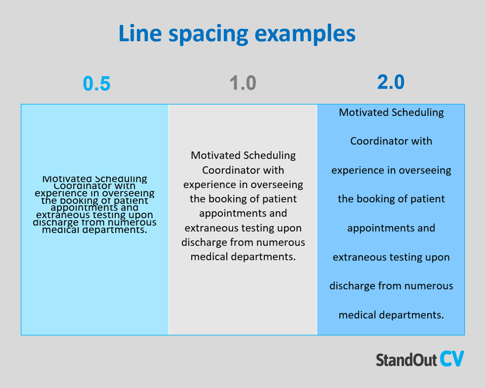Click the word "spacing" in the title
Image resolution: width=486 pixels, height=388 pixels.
point(208,34)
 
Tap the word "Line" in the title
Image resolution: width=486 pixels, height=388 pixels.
point(140,33)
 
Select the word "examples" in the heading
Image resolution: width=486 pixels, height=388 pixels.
point(305,34)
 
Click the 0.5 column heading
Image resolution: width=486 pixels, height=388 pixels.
point(97,84)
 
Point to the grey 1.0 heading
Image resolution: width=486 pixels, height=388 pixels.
point(243,83)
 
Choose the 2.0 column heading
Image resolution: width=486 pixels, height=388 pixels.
point(391,82)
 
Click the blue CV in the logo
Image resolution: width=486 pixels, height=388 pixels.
point(452,359)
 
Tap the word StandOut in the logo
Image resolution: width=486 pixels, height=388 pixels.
point(406,360)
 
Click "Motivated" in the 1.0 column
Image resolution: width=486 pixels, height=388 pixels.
point(216,156)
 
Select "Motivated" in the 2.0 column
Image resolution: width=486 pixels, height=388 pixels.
point(364,112)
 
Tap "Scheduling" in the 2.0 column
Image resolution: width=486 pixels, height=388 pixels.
point(418,112)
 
